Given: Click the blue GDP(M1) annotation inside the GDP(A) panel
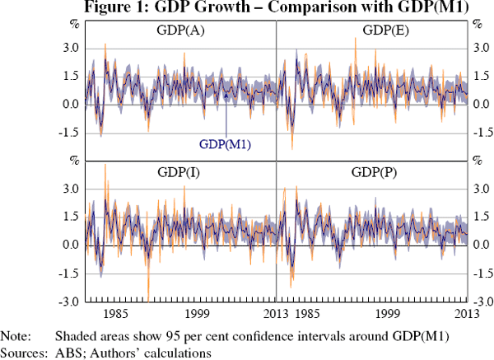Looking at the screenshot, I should click(x=225, y=143).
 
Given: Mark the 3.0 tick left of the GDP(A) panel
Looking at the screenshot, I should click(x=69, y=49).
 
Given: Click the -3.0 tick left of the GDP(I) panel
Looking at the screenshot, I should click(x=68, y=302).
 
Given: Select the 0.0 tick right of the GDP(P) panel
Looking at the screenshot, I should click(x=482, y=245).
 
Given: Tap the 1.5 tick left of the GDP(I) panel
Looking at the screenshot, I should click(x=69, y=217).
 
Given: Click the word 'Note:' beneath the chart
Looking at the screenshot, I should click(x=16, y=336).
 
